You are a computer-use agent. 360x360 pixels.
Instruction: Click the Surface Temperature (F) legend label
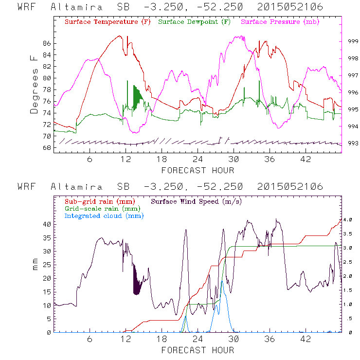click(108, 22)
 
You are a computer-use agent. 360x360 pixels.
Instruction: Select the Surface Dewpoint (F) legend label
click(195, 22)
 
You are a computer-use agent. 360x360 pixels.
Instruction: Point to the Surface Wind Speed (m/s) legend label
click(197, 201)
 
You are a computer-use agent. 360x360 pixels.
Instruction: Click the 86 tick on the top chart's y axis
click(47, 43)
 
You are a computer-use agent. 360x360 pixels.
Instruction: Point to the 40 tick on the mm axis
click(47, 224)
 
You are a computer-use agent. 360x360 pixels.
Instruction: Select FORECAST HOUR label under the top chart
click(198, 170)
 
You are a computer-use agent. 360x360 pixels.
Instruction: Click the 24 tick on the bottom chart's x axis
click(198, 340)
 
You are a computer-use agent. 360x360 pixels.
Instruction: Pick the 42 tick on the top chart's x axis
click(306, 160)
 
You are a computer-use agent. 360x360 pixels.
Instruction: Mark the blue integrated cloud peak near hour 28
click(222, 281)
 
